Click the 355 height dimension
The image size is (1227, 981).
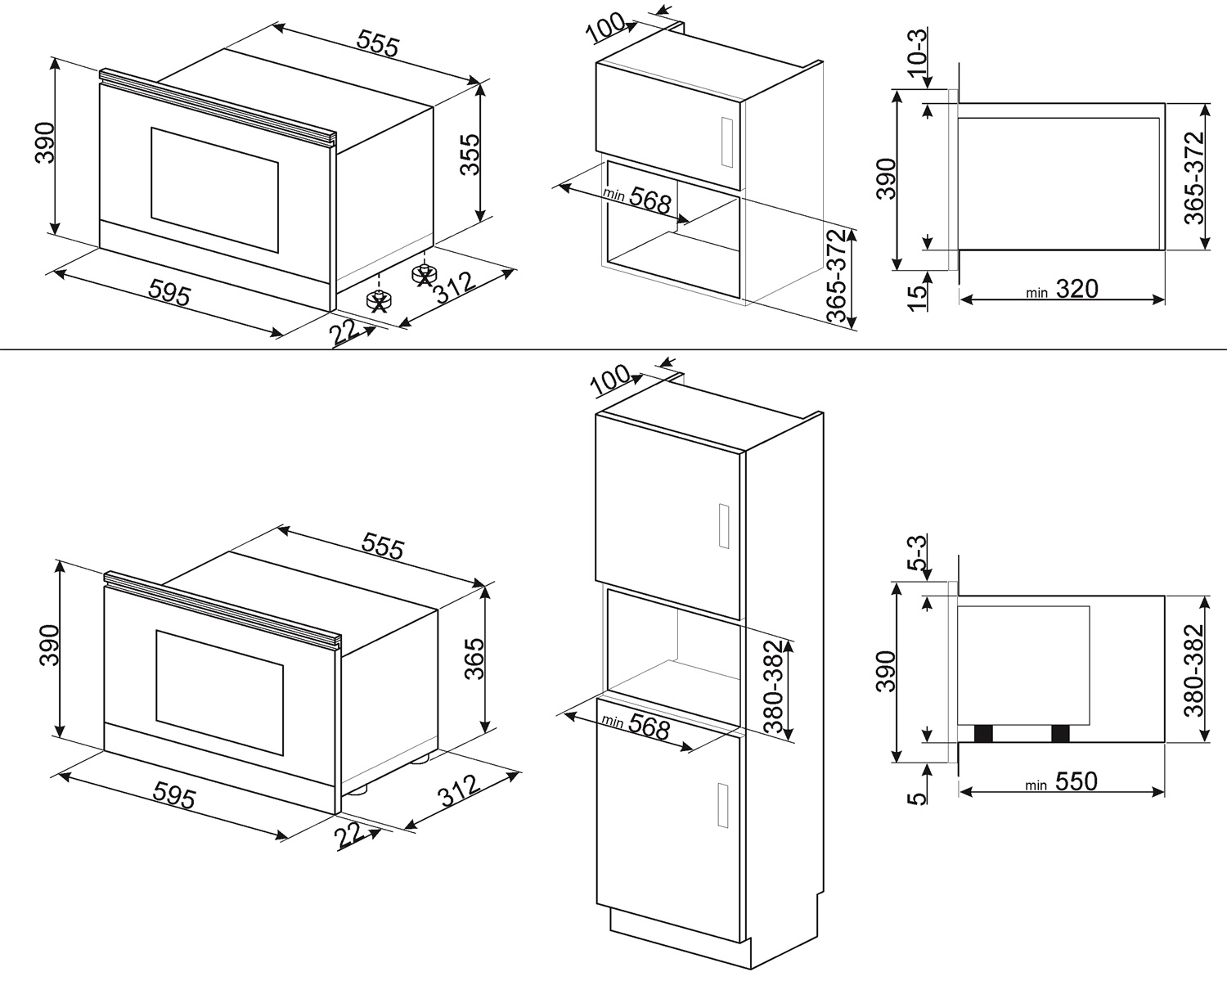pyautogui.click(x=470, y=155)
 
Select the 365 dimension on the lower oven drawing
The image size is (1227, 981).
pyautogui.click(x=474, y=659)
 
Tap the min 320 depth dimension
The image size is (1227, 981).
pyautogui.click(x=1063, y=290)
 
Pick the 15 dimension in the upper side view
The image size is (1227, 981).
pyautogui.click(x=919, y=292)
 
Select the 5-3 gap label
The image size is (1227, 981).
pyautogui.click(x=919, y=552)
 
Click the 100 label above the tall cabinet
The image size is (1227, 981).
pyautogui.click(x=611, y=379)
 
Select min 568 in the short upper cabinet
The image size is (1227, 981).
pyautogui.click(x=637, y=199)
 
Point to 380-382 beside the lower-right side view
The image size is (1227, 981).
pyautogui.click(x=1196, y=670)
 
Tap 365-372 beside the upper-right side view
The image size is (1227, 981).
pyautogui.click(x=1196, y=178)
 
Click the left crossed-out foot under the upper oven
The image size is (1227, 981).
pyautogui.click(x=379, y=300)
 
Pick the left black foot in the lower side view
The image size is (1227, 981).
pyautogui.click(x=984, y=734)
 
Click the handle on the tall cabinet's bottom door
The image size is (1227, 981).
pyautogui.click(x=721, y=805)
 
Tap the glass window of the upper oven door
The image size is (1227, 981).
pyautogui.click(x=214, y=189)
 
